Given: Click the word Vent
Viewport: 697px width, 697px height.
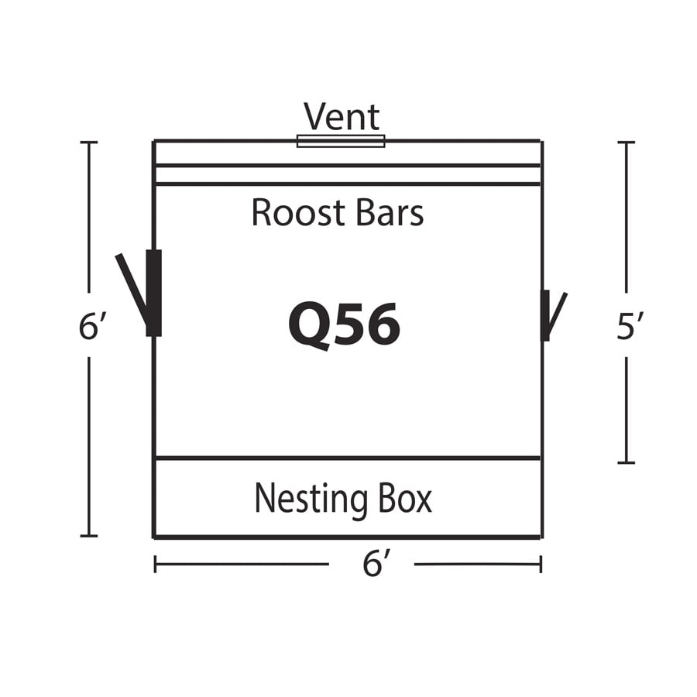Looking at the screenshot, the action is (x=342, y=116).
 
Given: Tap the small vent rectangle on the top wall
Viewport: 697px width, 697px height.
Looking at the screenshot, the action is (x=341, y=141).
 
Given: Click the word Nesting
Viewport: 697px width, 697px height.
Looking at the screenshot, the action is (x=311, y=500).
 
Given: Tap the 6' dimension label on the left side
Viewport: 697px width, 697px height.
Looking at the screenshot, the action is (x=92, y=326).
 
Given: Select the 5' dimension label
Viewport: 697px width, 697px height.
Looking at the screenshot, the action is (x=630, y=326).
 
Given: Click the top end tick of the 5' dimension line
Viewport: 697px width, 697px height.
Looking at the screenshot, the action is (x=627, y=142).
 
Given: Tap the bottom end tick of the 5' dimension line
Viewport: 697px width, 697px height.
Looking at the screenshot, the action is (x=627, y=463).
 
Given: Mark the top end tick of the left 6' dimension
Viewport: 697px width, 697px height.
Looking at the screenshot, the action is (x=89, y=142).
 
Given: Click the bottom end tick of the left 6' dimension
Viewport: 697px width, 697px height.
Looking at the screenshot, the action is (x=89, y=536).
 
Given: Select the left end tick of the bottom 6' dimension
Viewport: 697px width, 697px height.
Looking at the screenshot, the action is (x=155, y=564).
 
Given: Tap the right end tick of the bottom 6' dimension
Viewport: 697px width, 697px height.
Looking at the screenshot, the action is (x=541, y=564).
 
